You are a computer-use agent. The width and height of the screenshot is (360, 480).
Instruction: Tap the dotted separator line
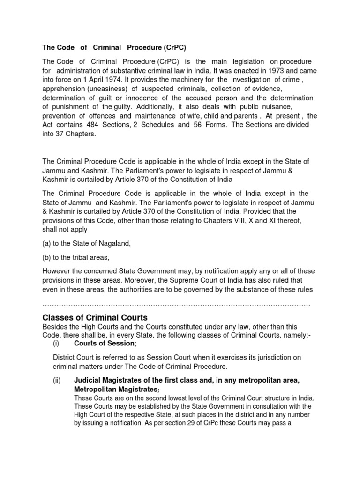[x=176, y=305]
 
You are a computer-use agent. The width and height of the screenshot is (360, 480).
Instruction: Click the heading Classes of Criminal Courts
[x=95, y=317]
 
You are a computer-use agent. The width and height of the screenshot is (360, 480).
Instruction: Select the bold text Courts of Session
[x=105, y=344]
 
